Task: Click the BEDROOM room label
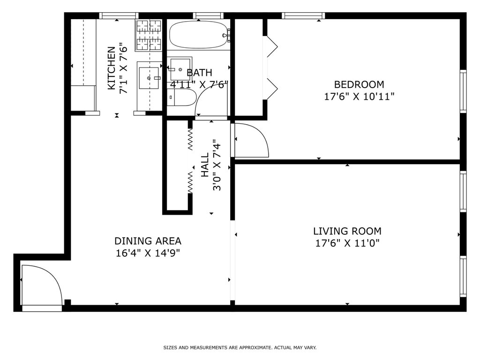pos(359,84)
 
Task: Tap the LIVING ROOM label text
pos(347,231)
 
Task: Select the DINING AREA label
pos(148,241)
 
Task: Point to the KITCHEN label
pos(112,68)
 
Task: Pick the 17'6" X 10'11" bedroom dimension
pos(359,97)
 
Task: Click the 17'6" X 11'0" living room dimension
pos(347,243)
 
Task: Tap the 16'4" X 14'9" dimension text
pos(148,254)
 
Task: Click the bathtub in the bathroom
pos(199,35)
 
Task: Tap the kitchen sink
pos(150,78)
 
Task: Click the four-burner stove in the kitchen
pos(149,35)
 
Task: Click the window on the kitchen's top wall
pos(119,15)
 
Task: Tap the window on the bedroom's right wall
pos(463,91)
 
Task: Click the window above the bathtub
pos(208,15)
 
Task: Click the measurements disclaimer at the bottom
pos(240,347)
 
